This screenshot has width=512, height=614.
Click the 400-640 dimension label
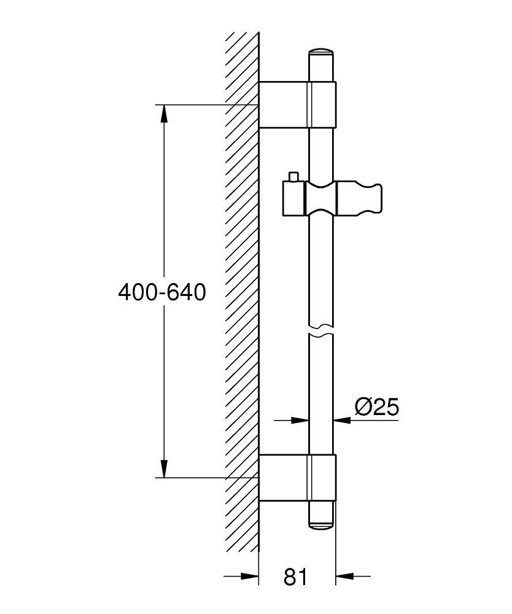coord(161,292)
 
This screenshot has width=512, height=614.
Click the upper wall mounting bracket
coord(298,104)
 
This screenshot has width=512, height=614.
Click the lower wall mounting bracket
coord(298,477)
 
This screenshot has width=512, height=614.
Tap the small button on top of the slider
coord(293,177)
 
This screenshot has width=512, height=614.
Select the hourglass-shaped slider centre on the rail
coord(321,198)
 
